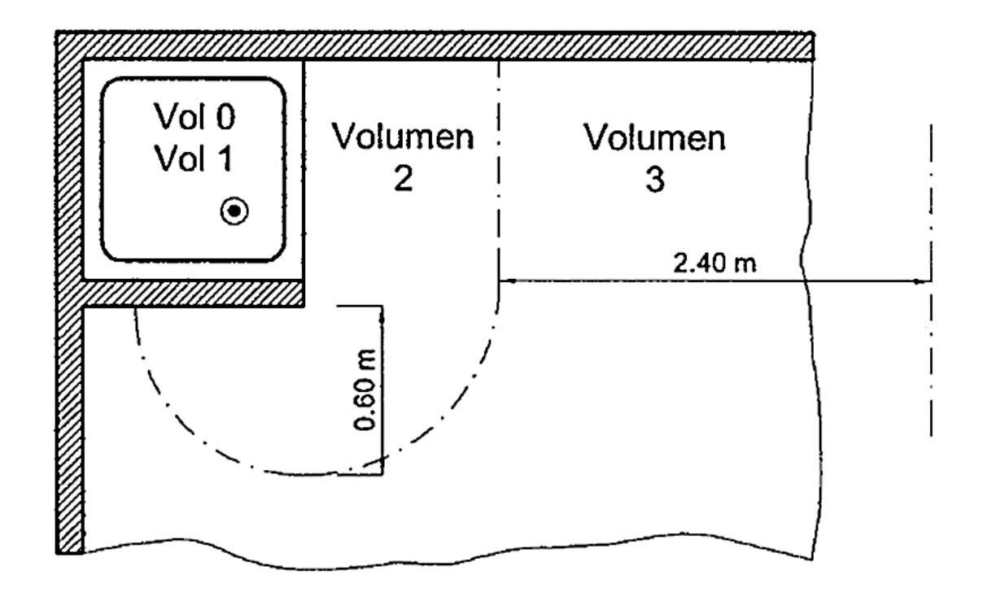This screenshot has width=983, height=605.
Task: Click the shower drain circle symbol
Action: coord(234,211)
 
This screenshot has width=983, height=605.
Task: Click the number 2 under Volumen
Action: coord(403,180)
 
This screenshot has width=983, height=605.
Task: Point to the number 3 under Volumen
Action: coord(655,180)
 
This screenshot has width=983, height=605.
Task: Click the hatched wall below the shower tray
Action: coord(195,294)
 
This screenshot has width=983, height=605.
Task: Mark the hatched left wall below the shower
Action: coord(70,423)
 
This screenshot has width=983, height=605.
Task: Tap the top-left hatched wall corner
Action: coord(70,46)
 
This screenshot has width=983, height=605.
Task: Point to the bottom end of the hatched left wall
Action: coord(70,545)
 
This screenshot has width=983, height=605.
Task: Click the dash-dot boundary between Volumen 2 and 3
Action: coord(498,163)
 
